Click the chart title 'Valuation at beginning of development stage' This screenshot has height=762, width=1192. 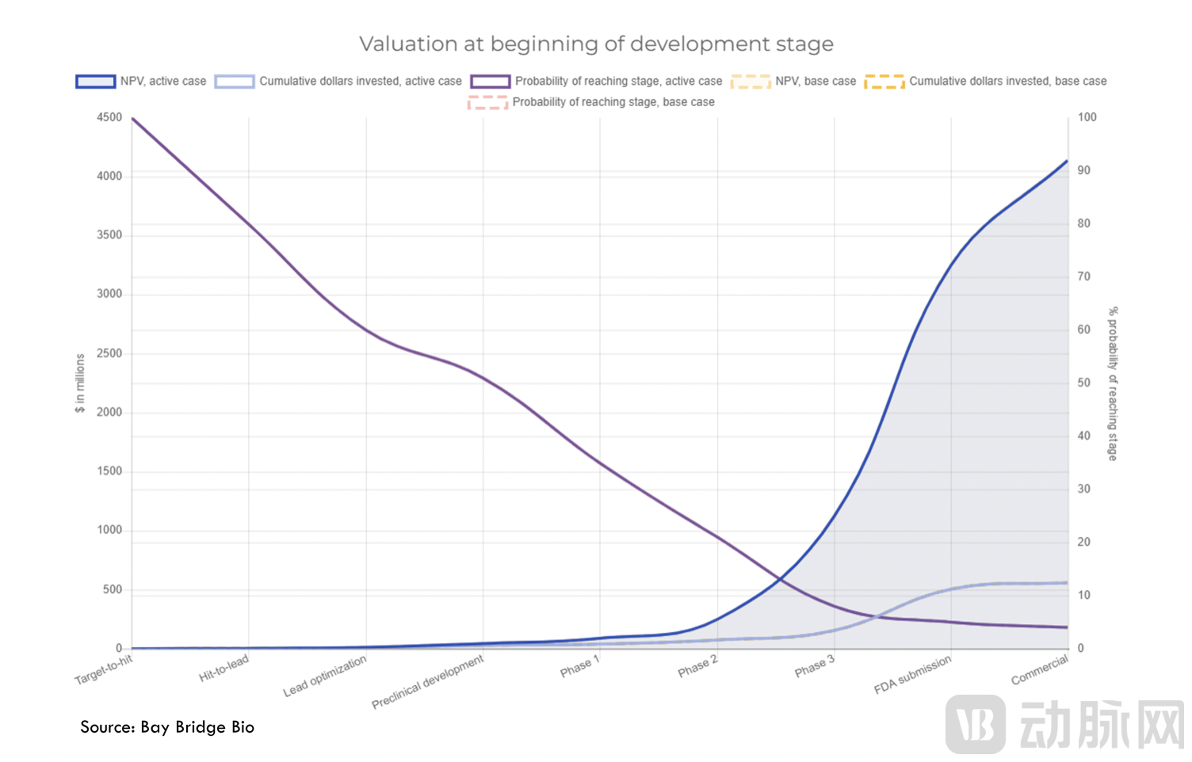tap(596, 44)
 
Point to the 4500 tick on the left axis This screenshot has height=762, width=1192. tap(109, 117)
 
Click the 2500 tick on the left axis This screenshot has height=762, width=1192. tap(109, 353)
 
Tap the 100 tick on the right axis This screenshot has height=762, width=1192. tap(1087, 117)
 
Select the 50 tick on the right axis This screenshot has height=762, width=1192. tap(1083, 383)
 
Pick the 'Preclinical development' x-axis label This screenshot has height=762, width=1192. tap(428, 682)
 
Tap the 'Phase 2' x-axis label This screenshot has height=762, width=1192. tap(697, 667)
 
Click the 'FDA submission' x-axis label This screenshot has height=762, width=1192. tap(912, 675)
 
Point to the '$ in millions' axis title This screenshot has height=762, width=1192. tap(80, 383)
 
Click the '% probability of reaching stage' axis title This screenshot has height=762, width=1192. tap(1113, 383)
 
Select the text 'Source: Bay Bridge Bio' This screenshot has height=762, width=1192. tap(167, 727)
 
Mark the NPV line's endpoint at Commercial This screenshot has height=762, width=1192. tap(1067, 161)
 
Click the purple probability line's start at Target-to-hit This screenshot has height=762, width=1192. tap(132, 119)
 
